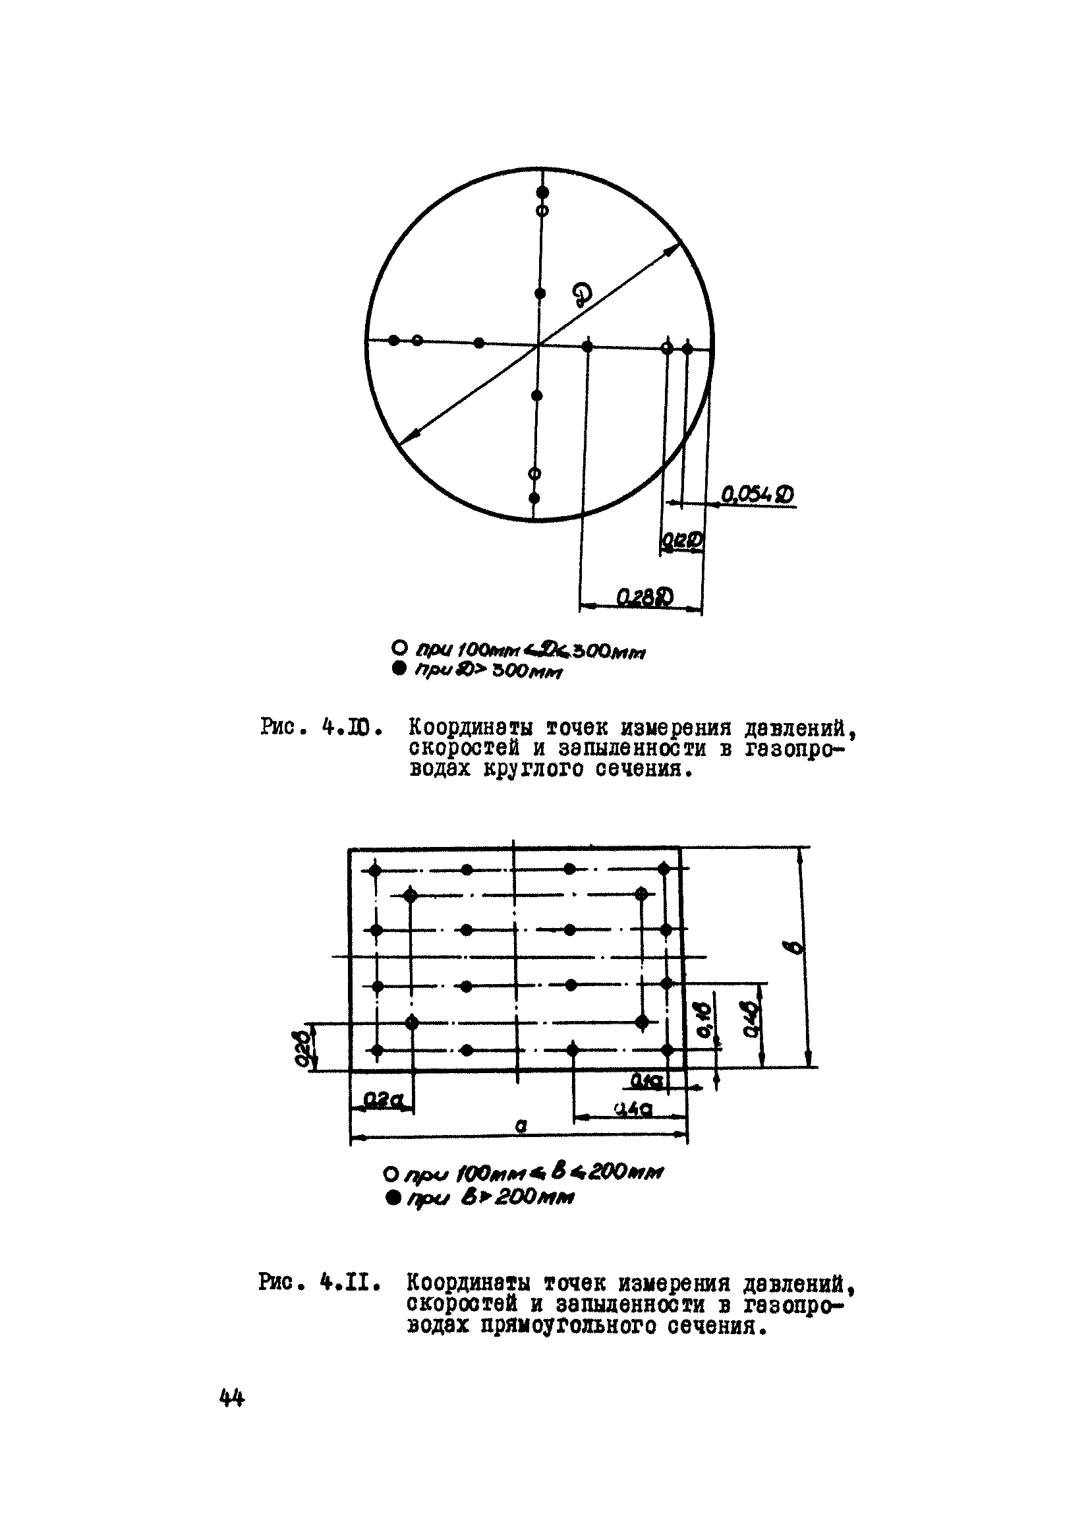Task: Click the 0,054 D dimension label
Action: click(x=757, y=495)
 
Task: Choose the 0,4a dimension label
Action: click(x=633, y=1110)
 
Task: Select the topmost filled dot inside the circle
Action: click(x=542, y=192)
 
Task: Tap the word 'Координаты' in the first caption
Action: click(x=471, y=728)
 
